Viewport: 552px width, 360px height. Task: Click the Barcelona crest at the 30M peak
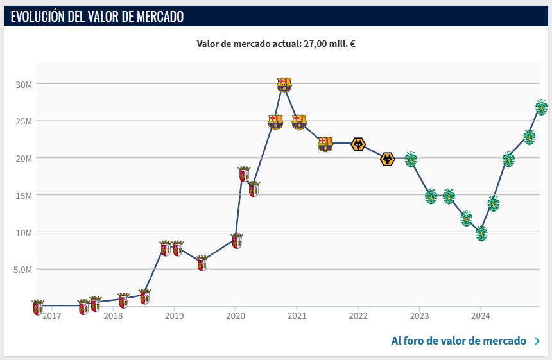click(x=284, y=85)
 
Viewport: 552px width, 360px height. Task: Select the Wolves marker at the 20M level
click(x=387, y=159)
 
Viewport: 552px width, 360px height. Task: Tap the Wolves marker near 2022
click(x=358, y=144)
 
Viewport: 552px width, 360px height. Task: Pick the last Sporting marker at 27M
click(x=542, y=107)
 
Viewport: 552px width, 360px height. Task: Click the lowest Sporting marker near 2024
click(x=481, y=234)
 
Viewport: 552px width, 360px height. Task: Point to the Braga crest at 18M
click(x=244, y=174)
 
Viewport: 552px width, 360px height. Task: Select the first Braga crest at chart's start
click(x=38, y=307)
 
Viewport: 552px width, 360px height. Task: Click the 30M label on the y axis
click(x=24, y=85)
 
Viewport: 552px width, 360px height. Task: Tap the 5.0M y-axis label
click(x=22, y=270)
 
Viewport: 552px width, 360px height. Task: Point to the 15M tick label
click(x=24, y=196)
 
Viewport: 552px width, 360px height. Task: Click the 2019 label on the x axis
click(x=174, y=316)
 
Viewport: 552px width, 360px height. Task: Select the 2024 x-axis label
click(x=481, y=316)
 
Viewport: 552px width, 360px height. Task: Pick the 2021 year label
click(x=297, y=316)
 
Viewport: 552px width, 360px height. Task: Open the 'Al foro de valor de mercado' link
click(x=459, y=341)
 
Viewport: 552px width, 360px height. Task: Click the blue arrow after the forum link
click(x=537, y=341)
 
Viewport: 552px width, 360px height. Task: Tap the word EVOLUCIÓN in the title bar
click(x=38, y=17)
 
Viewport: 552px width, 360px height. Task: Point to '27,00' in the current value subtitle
click(x=315, y=44)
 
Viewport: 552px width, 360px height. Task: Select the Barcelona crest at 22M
click(x=325, y=144)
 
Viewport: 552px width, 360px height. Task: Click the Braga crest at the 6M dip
click(x=202, y=263)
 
